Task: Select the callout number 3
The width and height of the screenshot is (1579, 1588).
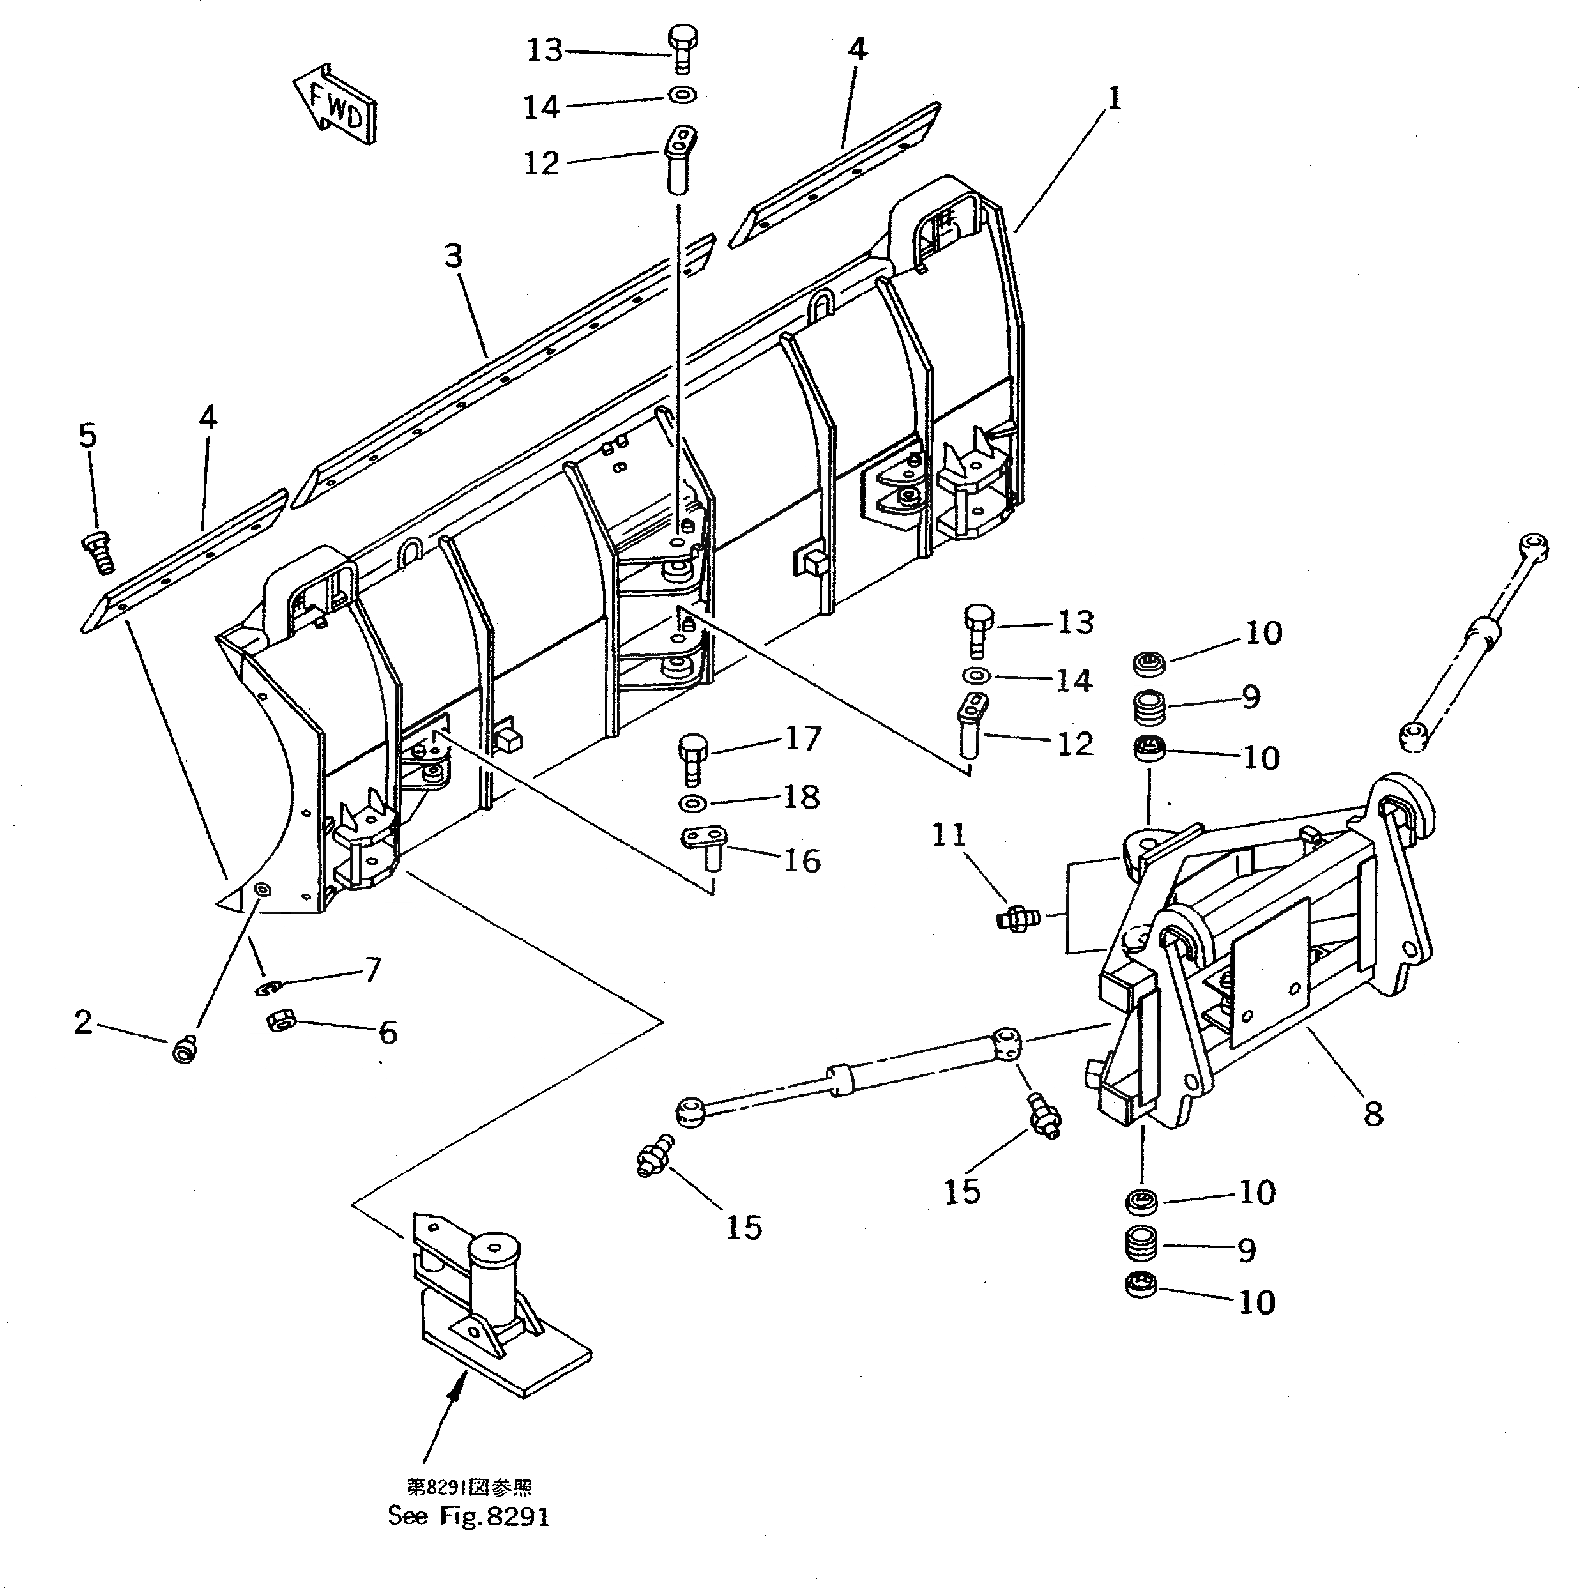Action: [x=453, y=256]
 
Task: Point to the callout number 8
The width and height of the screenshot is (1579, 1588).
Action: [x=1373, y=1114]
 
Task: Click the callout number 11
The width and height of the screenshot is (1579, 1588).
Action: [x=948, y=835]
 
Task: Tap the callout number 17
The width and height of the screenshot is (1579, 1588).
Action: [x=802, y=738]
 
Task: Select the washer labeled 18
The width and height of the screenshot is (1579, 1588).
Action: [x=693, y=802]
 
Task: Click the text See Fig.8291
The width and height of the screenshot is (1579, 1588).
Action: [x=468, y=1516]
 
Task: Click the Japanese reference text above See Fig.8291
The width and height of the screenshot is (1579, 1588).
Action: [x=468, y=1487]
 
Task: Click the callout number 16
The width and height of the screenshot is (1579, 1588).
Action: [x=802, y=862]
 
